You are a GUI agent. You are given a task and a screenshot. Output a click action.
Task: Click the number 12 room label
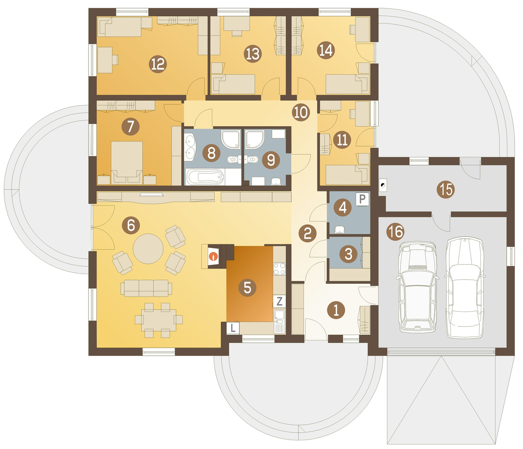(x=158, y=64)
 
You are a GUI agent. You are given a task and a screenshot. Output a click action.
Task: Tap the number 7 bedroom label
(x=131, y=126)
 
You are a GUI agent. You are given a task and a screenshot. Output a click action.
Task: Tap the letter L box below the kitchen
(x=233, y=328)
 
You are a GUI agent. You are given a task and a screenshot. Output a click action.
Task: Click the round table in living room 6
(x=148, y=249)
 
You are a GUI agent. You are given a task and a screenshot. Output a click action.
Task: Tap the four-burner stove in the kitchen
(x=279, y=269)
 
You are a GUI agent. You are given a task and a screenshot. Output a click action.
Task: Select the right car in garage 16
(x=465, y=287)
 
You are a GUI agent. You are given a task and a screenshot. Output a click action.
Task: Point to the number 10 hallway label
(x=301, y=112)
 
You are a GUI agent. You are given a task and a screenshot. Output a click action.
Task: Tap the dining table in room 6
(x=159, y=320)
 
